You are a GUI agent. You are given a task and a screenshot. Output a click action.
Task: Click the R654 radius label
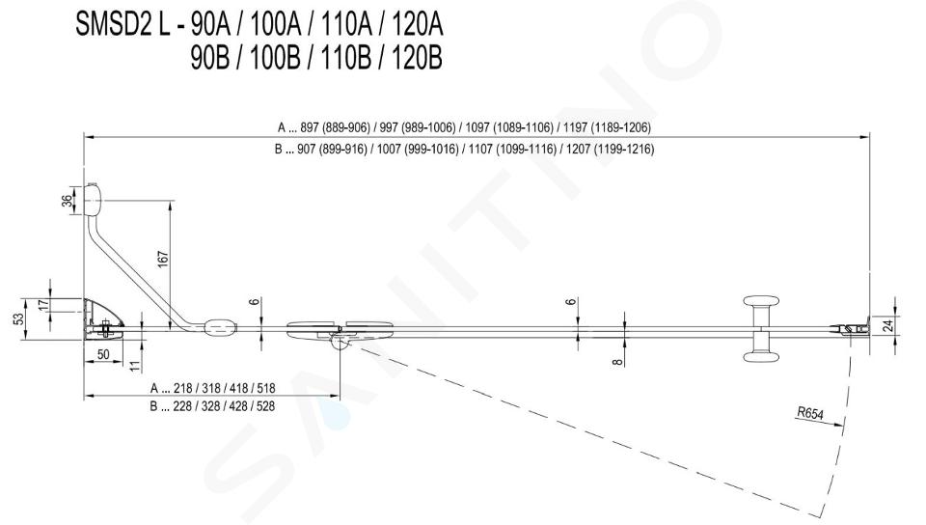pyautogui.click(x=809, y=413)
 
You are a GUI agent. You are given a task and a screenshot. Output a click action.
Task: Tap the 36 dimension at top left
pyautogui.click(x=68, y=202)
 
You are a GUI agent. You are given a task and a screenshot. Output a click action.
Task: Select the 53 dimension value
pyautogui.click(x=19, y=318)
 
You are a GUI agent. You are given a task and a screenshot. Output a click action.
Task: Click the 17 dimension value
pyautogui.click(x=41, y=306)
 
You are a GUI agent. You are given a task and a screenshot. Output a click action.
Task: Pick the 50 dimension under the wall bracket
pyautogui.click(x=103, y=355)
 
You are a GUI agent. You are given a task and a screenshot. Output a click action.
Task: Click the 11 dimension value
pyautogui.click(x=135, y=366)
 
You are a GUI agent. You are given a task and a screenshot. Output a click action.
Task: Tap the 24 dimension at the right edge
pyautogui.click(x=890, y=325)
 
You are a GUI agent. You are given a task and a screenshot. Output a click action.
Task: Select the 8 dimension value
pyautogui.click(x=617, y=361)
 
